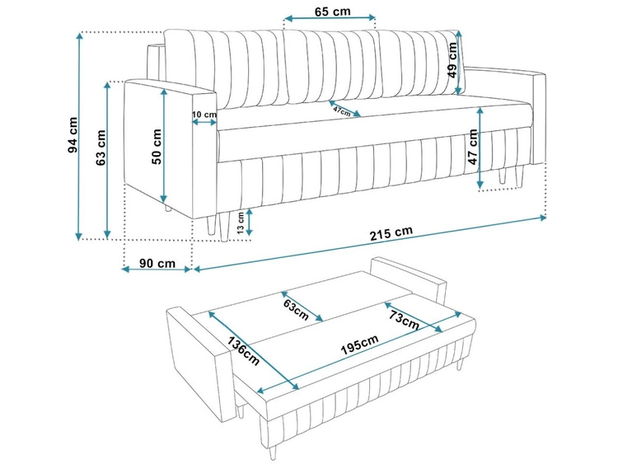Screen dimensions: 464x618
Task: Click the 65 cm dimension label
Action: point(331,11)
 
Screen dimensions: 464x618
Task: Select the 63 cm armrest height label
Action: point(101,148)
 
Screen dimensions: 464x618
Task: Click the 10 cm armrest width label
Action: point(204,114)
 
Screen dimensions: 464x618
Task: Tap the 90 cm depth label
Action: point(156,264)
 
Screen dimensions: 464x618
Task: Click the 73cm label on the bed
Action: point(402,317)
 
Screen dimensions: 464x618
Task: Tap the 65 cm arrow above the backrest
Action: point(330,18)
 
